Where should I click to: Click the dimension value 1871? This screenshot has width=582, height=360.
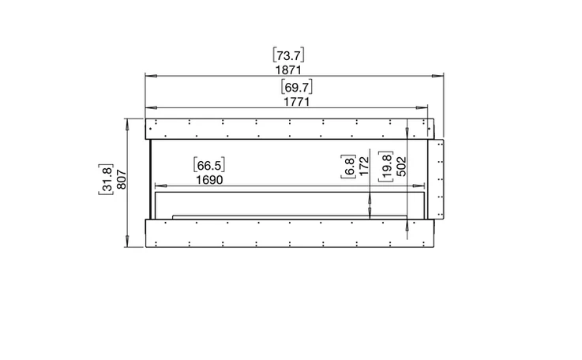[x=288, y=69]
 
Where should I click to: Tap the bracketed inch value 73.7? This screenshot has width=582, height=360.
[x=288, y=55]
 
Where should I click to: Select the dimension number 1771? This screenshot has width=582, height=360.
[x=296, y=102]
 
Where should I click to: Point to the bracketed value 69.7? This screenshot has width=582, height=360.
[x=297, y=87]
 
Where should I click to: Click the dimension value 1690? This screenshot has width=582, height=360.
[x=209, y=180]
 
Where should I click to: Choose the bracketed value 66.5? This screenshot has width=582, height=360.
[x=209, y=165]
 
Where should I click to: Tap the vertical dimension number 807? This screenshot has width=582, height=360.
[x=122, y=179]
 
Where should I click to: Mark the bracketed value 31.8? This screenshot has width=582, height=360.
[x=107, y=179]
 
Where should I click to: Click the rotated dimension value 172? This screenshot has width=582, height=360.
[x=364, y=166]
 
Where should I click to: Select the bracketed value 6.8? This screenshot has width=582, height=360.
[x=349, y=167]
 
